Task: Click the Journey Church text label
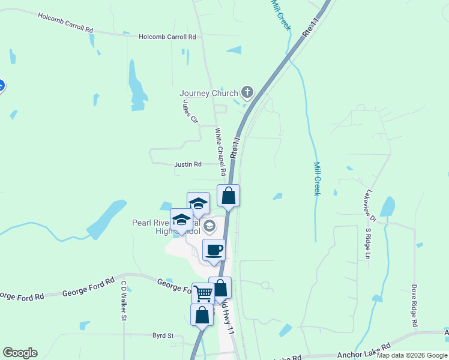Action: (208, 93)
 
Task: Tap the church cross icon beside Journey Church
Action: (246, 92)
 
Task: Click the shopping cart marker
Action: (203, 293)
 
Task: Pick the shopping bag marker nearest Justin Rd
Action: (228, 196)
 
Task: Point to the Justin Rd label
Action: (188, 164)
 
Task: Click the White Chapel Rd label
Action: (220, 151)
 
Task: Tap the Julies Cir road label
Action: (190, 111)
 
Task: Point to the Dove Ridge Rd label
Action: (414, 305)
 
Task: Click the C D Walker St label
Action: (124, 301)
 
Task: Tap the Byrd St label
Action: (162, 336)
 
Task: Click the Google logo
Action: (20, 353)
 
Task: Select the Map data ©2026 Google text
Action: (412, 355)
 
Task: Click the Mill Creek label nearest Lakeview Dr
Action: (317, 178)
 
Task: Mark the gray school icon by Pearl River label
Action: (209, 226)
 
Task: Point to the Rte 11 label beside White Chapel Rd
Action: (235, 149)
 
